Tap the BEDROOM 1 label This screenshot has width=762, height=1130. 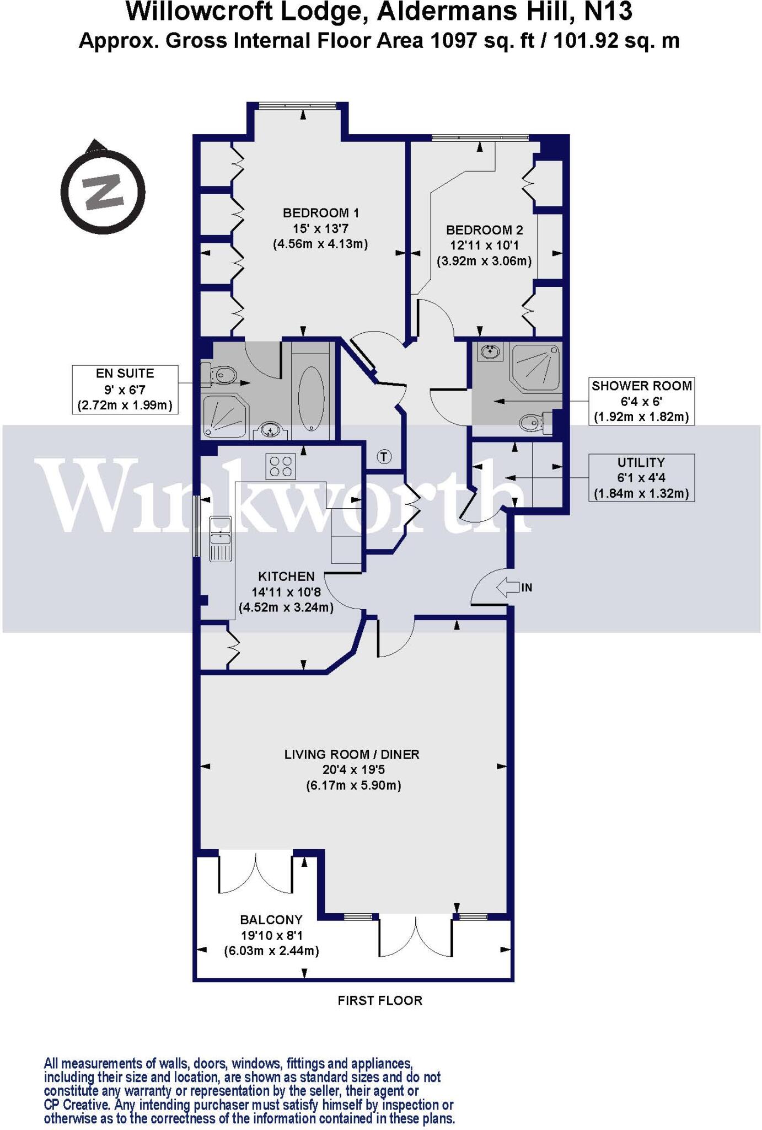pos(320,212)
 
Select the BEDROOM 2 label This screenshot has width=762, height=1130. pos(484,230)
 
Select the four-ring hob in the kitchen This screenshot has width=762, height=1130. pos(281,465)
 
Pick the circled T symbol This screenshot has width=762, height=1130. pos(384,456)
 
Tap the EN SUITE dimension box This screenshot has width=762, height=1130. pos(125,390)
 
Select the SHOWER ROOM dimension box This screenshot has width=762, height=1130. pos(641,401)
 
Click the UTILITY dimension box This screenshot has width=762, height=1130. pos(641,477)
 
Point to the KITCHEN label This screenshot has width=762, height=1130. pos(286,577)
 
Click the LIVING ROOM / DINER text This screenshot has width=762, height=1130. pos(352,754)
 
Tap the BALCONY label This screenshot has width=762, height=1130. pos(271,920)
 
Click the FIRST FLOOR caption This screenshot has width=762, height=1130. pos(380,1000)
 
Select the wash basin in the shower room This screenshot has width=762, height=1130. pos(490,351)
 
